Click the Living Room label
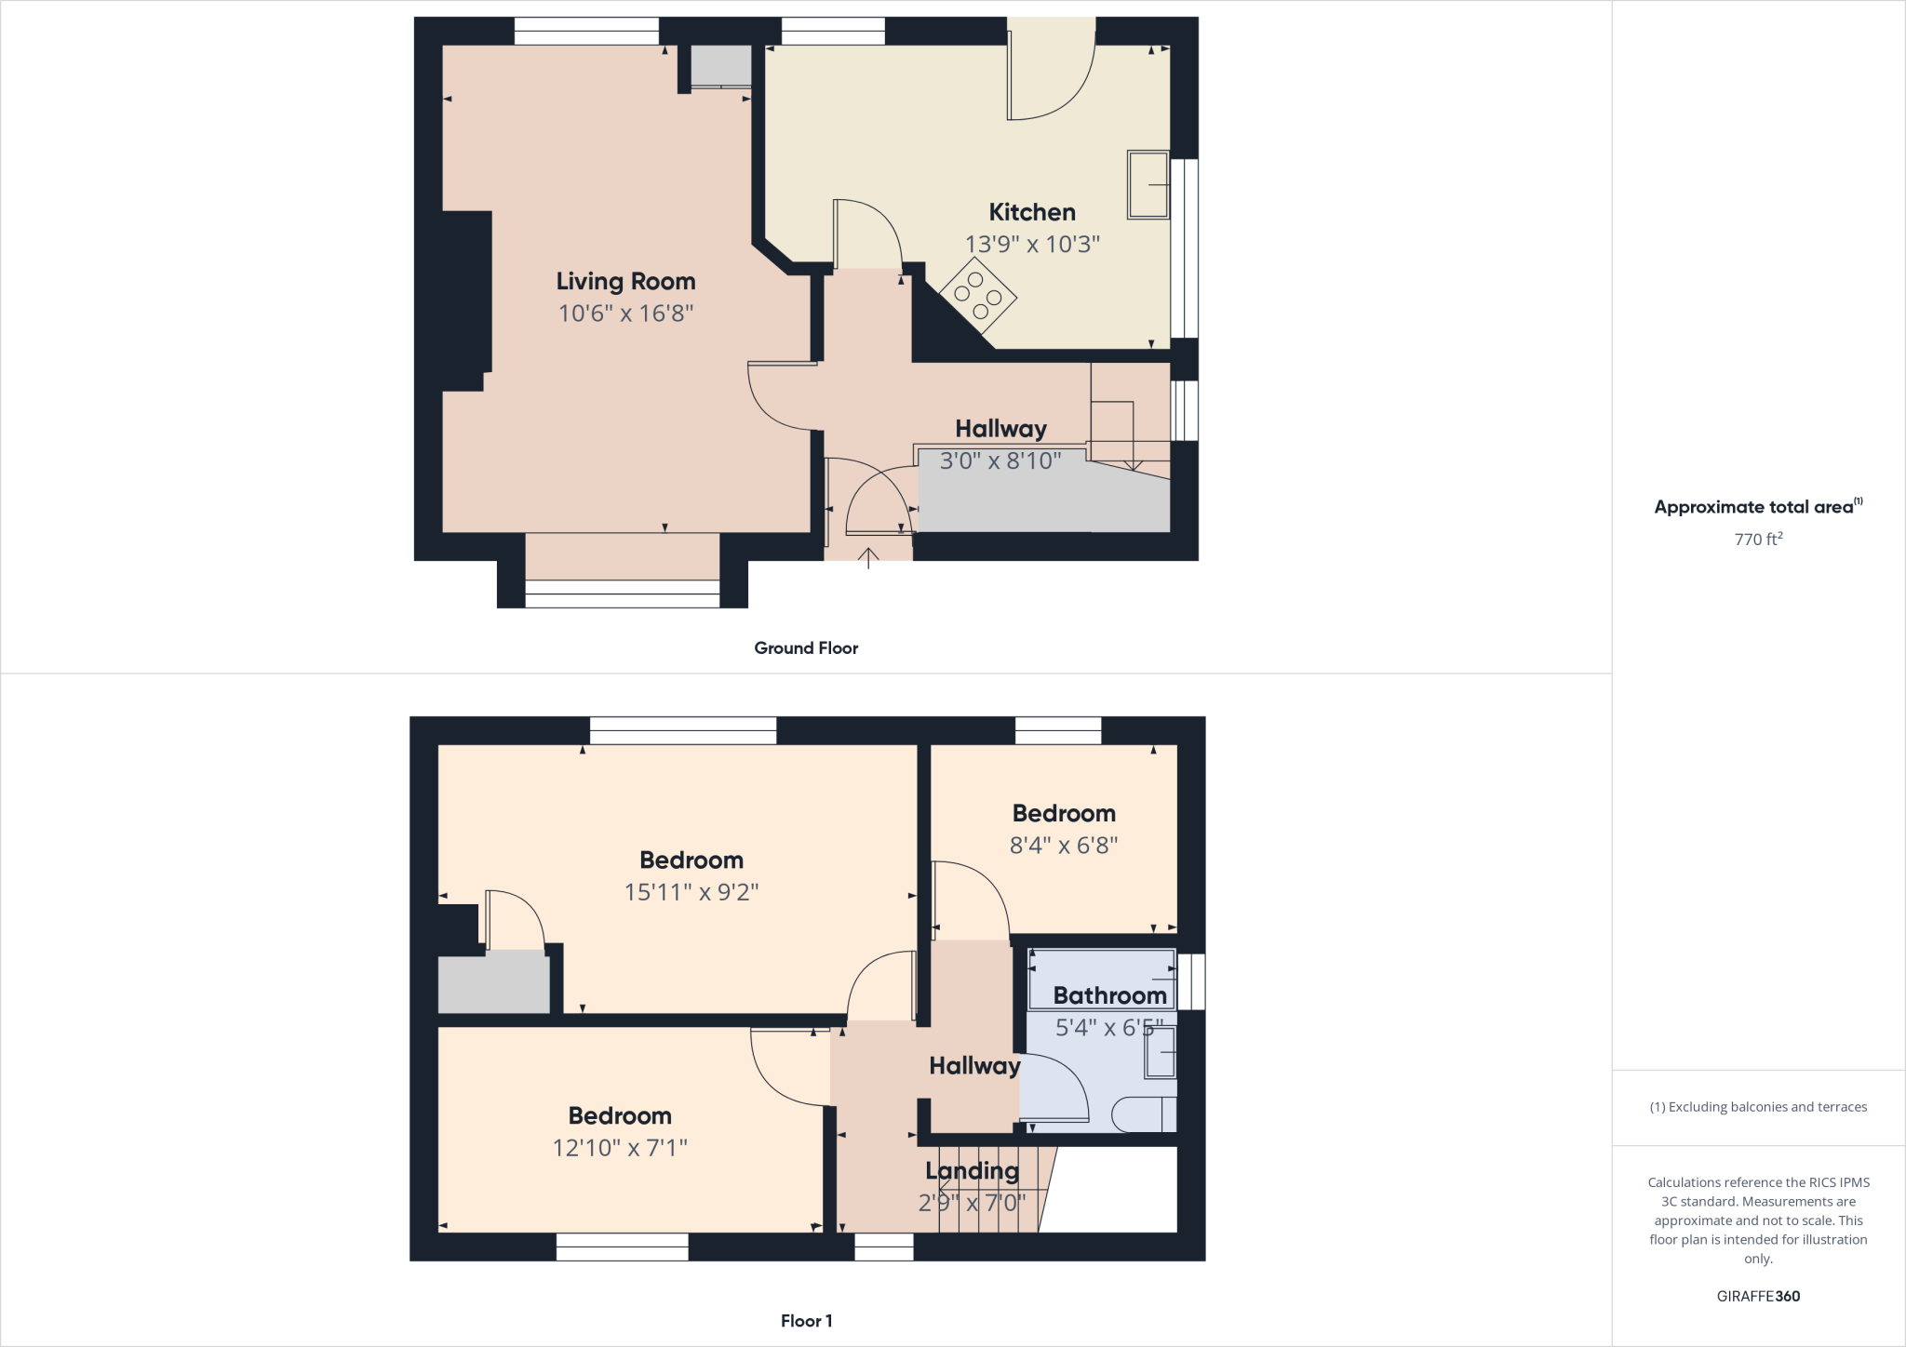[x=625, y=281]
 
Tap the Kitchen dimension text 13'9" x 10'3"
[x=1032, y=244]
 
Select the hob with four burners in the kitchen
[x=977, y=296]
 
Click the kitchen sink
[x=1148, y=185]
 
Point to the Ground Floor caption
[x=806, y=648]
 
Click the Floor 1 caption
[x=806, y=1321]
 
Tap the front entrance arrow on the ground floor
[x=868, y=557]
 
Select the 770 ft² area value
[x=1758, y=539]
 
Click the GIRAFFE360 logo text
[x=1758, y=1296]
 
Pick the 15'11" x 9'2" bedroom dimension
[x=691, y=892]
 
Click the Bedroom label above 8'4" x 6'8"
[x=1064, y=813]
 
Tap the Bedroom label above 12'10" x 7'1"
[x=620, y=1115]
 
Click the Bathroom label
[x=1109, y=995]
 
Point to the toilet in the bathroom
[x=1144, y=1114]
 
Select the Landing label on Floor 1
[x=972, y=1171]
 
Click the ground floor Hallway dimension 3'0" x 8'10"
[x=1000, y=460]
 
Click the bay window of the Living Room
[x=622, y=593]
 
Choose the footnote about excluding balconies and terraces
[x=1758, y=1107]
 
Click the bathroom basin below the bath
[x=1160, y=1052]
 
